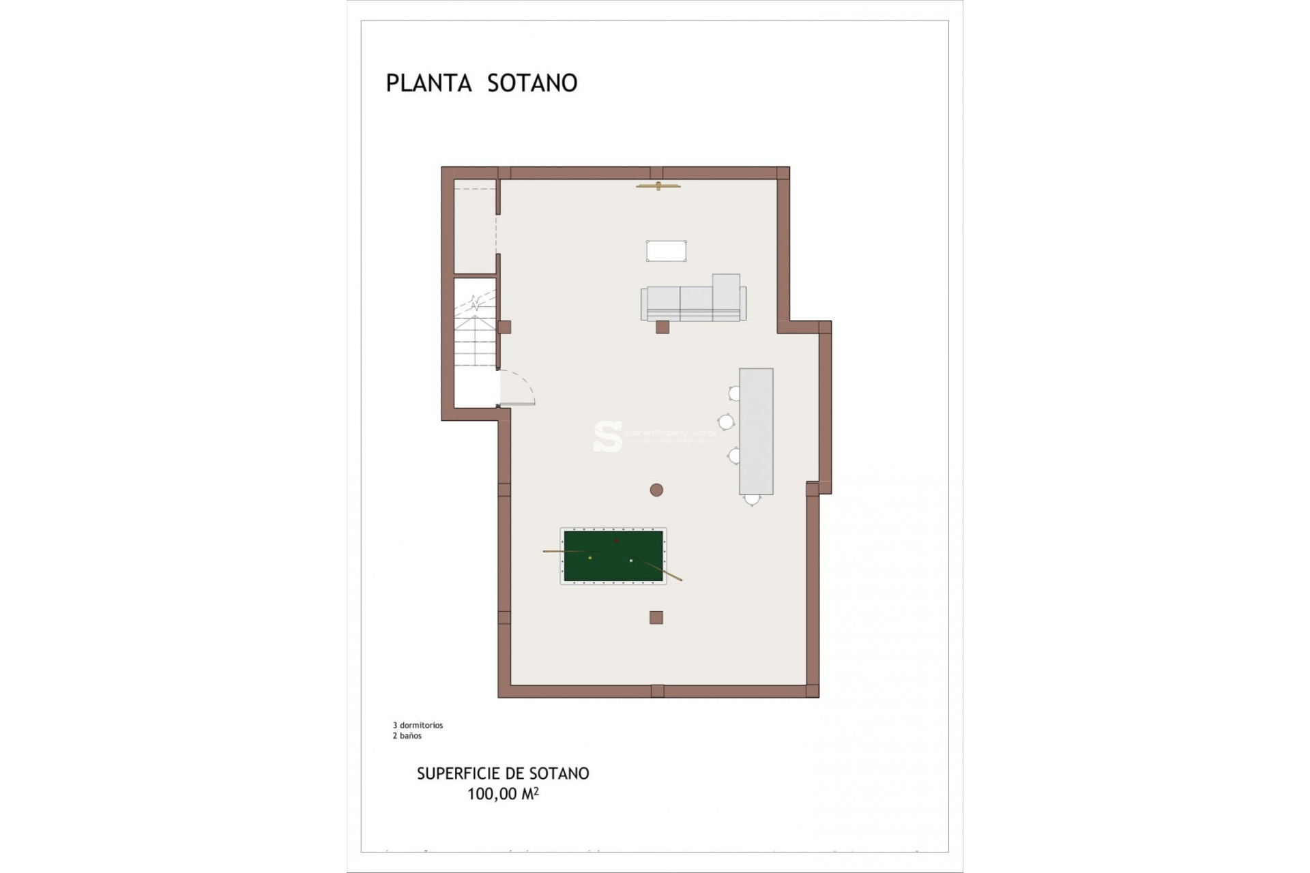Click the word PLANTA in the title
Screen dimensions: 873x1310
tap(428, 83)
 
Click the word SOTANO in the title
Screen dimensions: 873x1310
tap(532, 83)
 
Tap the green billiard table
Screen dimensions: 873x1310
tap(613, 556)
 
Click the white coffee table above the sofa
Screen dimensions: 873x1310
tap(666, 251)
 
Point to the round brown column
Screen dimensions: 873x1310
tap(656, 490)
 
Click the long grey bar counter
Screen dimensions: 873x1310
tap(756, 431)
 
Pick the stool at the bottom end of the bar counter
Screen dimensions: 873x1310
tap(752, 499)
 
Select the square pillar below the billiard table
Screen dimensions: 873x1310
tap(656, 618)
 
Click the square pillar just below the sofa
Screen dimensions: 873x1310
tap(662, 327)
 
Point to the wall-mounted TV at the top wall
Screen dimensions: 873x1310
tap(658, 186)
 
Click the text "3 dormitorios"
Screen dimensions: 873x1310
tap(418, 725)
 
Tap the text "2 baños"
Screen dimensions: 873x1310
tap(407, 736)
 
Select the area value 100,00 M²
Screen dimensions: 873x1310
tap(503, 794)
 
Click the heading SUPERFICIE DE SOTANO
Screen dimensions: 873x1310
tap(503, 773)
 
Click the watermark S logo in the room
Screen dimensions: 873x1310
tap(607, 436)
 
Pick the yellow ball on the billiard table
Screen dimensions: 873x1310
tap(590, 558)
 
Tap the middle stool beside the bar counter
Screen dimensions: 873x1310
tap(726, 423)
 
